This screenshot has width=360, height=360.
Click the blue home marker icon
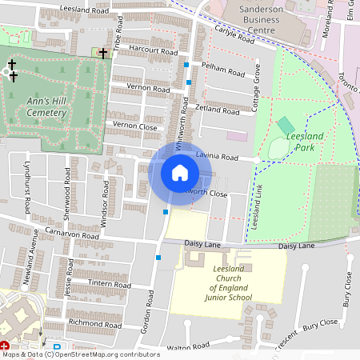[180, 172]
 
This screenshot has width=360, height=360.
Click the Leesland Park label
[305, 142]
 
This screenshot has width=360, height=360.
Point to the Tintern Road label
[94, 282]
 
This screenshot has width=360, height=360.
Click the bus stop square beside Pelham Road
[186, 65]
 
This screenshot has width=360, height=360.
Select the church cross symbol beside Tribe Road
[103, 53]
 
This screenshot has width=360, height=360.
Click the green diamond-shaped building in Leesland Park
[286, 126]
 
